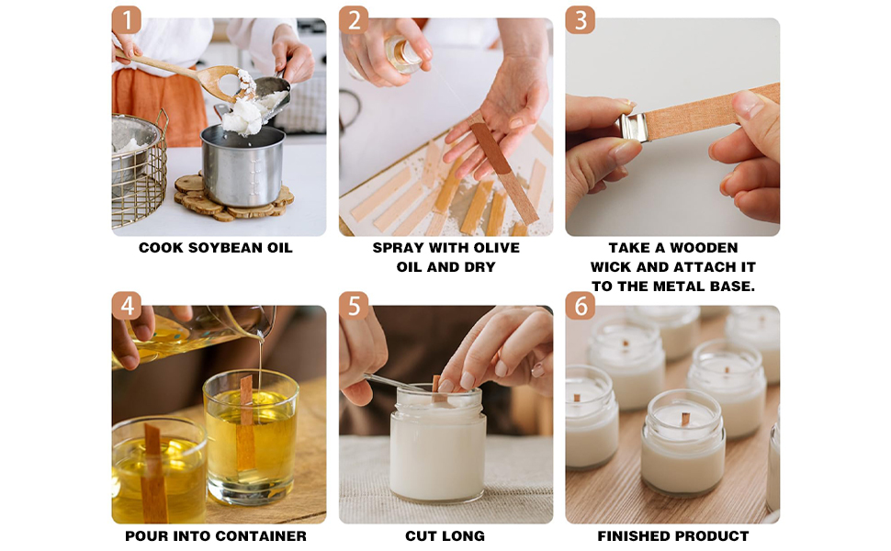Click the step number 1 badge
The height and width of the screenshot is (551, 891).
tap(126, 20)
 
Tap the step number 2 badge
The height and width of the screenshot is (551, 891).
tap(354, 20)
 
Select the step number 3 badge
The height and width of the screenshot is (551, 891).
tap(581, 20)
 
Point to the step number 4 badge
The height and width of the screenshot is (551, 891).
tap(126, 306)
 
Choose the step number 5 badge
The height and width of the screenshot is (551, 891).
tap(354, 306)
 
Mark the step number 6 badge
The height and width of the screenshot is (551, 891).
tap(581, 306)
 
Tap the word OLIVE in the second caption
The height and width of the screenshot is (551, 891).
tap(498, 248)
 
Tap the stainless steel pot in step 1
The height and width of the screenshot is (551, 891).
tap(243, 164)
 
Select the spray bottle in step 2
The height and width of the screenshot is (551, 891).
tap(402, 54)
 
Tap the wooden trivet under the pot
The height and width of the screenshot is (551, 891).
tap(233, 199)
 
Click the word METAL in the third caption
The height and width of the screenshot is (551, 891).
tap(677, 287)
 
